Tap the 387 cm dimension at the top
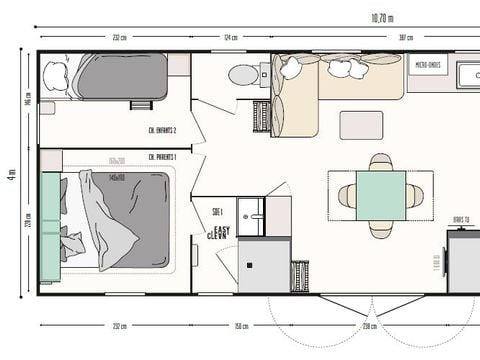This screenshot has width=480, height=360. (378, 38)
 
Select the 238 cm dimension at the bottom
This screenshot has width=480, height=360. (368, 326)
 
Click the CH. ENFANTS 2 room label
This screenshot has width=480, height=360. (162, 131)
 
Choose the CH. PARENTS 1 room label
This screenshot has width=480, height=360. (162, 156)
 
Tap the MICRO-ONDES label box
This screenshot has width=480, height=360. (430, 65)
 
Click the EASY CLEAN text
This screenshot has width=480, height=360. (218, 231)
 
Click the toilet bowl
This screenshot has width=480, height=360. (242, 74)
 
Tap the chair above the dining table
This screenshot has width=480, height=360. (381, 161)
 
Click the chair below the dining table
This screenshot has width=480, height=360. (381, 226)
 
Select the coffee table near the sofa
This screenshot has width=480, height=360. (361, 125)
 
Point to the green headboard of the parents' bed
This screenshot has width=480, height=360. (49, 226)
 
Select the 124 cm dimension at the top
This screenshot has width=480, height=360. (231, 38)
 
